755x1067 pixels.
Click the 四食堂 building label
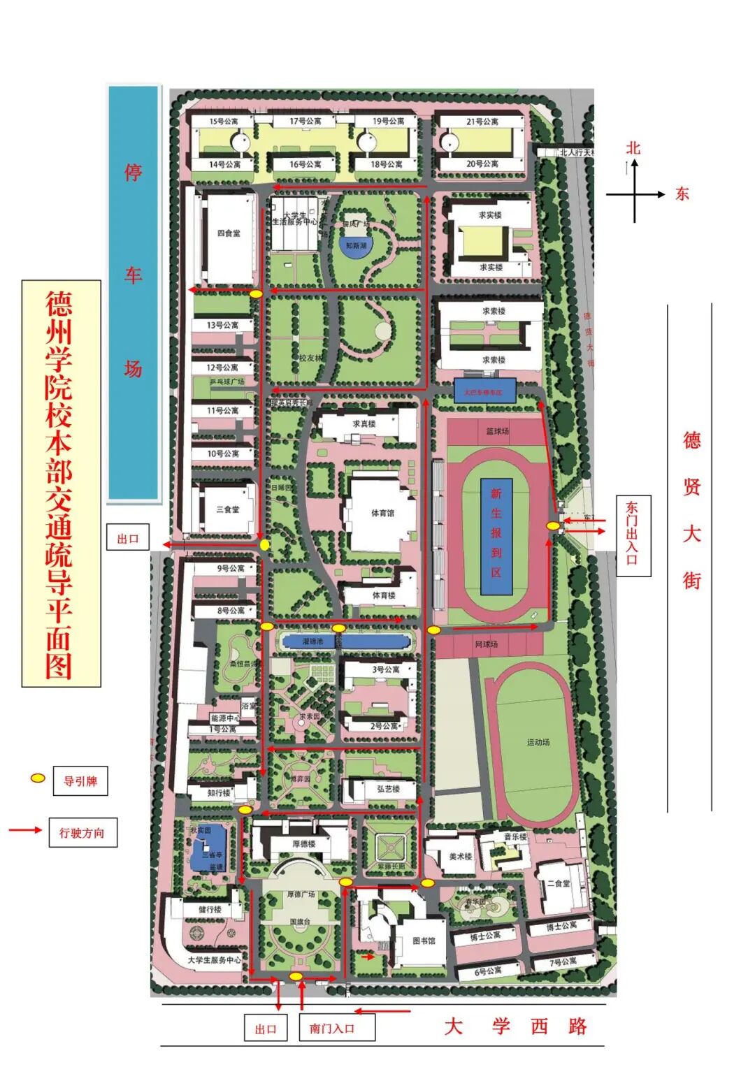[229, 233]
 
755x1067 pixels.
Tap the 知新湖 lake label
[356, 246]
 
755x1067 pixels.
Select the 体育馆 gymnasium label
[382, 513]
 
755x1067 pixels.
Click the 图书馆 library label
[424, 941]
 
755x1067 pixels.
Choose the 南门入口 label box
[332, 1028]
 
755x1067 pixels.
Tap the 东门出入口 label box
[633, 535]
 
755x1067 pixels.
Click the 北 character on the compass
[633, 147]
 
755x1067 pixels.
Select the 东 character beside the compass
[682, 194]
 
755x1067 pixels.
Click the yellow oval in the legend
[38, 778]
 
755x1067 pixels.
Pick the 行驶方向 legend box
[82, 832]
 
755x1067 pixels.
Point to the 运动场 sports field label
[538, 742]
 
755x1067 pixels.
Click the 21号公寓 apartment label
[482, 122]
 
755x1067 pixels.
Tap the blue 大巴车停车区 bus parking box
[484, 392]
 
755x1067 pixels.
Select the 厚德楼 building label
[303, 843]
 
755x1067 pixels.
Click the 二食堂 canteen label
[559, 883]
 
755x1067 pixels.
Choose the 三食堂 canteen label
[228, 509]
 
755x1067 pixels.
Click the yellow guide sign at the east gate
[553, 525]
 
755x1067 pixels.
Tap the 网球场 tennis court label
[487, 644]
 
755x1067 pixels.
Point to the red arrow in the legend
[25, 830]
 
